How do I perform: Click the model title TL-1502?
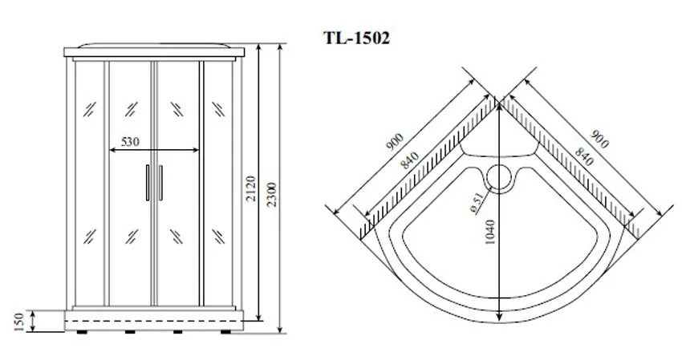[356, 38]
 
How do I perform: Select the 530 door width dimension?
[131, 142]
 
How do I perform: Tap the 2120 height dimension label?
[250, 188]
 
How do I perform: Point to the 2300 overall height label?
[271, 194]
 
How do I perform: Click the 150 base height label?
[18, 322]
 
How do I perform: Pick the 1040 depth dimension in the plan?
[489, 233]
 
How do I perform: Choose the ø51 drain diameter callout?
[477, 203]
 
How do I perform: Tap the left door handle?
[148, 183]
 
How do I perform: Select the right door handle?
[161, 183]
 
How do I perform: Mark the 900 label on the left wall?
[395, 142]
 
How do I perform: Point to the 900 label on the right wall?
[599, 140]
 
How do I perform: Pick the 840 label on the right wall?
[583, 156]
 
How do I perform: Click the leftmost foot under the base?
[82, 332]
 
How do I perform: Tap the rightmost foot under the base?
[225, 332]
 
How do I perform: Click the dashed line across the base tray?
[154, 321]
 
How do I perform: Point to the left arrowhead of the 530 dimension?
[112, 151]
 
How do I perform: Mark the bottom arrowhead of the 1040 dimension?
[499, 317]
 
